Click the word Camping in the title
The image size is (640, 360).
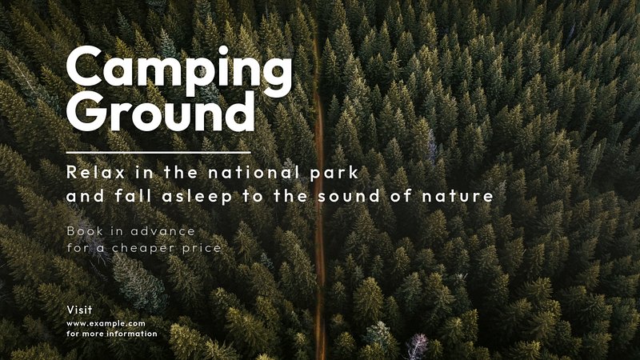179,70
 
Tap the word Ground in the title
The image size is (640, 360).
161,110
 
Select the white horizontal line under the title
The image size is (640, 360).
158,153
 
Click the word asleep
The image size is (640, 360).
197,197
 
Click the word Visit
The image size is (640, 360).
79,310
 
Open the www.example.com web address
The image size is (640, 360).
106,324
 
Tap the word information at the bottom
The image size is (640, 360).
131,334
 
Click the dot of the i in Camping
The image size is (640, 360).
223,50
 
